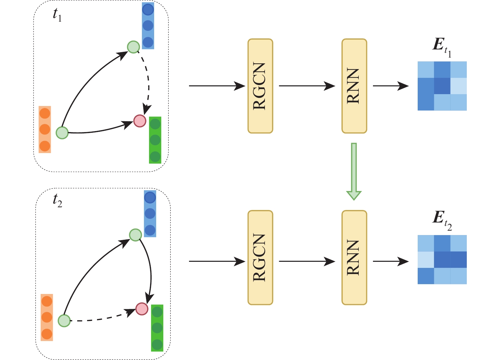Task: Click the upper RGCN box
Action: pos(260,86)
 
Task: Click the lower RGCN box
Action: pos(260,258)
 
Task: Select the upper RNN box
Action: pos(354,86)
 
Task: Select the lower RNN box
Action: pos(354,258)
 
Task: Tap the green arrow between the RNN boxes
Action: pos(354,171)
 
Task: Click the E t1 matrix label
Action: pos(442,48)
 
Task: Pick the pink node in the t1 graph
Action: pos(140,121)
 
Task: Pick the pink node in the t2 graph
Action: pos(142,309)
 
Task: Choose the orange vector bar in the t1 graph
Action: pos(45,129)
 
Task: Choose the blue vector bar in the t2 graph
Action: pos(150,213)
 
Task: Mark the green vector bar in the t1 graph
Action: pos(155,140)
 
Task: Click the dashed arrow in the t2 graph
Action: pos(102,318)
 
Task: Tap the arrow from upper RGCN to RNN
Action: pos(307,86)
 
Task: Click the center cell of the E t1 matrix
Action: pos(442,86)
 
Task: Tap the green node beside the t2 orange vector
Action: pos(64,320)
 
